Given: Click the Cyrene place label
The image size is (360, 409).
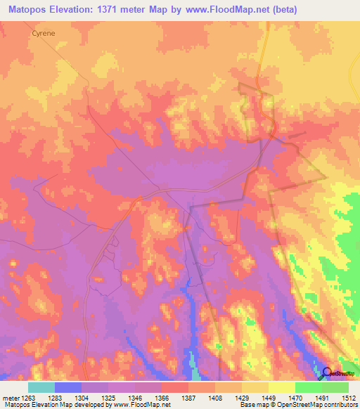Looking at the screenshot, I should click(44, 32).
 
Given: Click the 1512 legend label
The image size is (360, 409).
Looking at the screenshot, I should click(346, 398).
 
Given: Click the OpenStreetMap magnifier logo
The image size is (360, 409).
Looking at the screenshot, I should click(327, 373).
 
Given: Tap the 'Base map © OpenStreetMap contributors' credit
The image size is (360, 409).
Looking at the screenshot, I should click(298, 405).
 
